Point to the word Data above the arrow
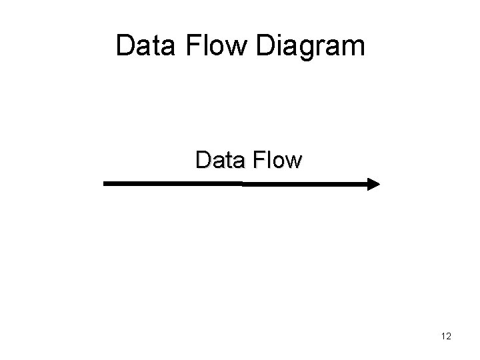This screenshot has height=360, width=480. pyautogui.click(x=216, y=160)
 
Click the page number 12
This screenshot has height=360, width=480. pyautogui.click(x=446, y=337)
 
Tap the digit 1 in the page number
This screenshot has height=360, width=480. pyautogui.click(x=443, y=337)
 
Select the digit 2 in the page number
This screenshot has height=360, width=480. pyautogui.click(x=449, y=337)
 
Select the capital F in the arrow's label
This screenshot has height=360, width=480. pyautogui.click(x=253, y=160)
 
